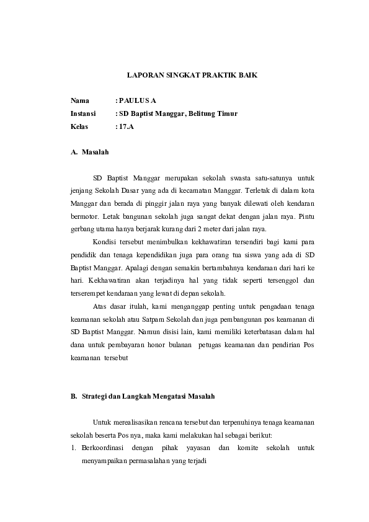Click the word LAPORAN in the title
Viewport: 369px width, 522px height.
click(142, 74)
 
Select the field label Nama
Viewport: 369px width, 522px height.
click(80, 100)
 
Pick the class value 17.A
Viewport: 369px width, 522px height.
click(126, 127)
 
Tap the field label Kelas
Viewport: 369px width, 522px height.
click(81, 127)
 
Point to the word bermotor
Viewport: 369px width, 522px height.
click(84, 216)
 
